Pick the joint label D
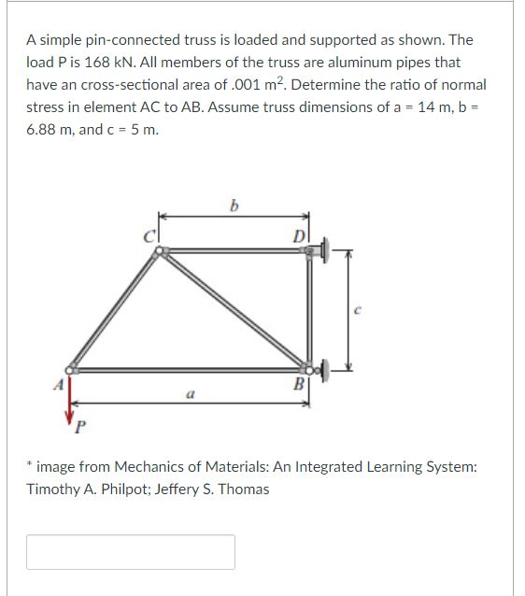298,236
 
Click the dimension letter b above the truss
234,206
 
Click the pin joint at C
162,250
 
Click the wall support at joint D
326,249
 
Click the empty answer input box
131,552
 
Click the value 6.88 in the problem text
42,129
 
